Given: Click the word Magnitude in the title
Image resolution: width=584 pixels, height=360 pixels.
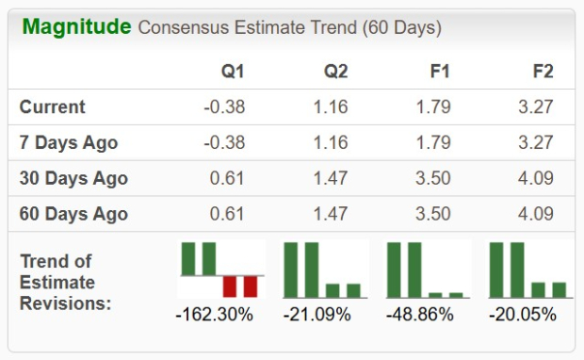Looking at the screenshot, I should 75,26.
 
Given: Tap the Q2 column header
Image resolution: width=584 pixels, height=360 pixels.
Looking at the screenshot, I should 335,72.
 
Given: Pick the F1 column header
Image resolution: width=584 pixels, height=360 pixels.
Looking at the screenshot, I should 439,72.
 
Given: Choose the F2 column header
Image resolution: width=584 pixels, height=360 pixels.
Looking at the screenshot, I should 542,72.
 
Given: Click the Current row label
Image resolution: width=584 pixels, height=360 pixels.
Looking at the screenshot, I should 53,107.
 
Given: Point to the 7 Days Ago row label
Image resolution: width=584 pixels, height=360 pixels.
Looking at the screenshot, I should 69,143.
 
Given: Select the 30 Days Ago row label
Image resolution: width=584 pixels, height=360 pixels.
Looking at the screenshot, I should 73,179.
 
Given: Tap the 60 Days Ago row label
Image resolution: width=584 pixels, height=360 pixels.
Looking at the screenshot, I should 73,214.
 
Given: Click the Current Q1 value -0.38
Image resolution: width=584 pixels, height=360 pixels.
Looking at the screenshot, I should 224,107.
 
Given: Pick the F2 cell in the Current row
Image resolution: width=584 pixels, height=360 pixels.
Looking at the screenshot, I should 534,107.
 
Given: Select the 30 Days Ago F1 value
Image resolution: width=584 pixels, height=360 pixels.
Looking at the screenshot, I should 432,179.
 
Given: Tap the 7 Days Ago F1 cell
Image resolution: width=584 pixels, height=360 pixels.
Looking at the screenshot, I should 432,143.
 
